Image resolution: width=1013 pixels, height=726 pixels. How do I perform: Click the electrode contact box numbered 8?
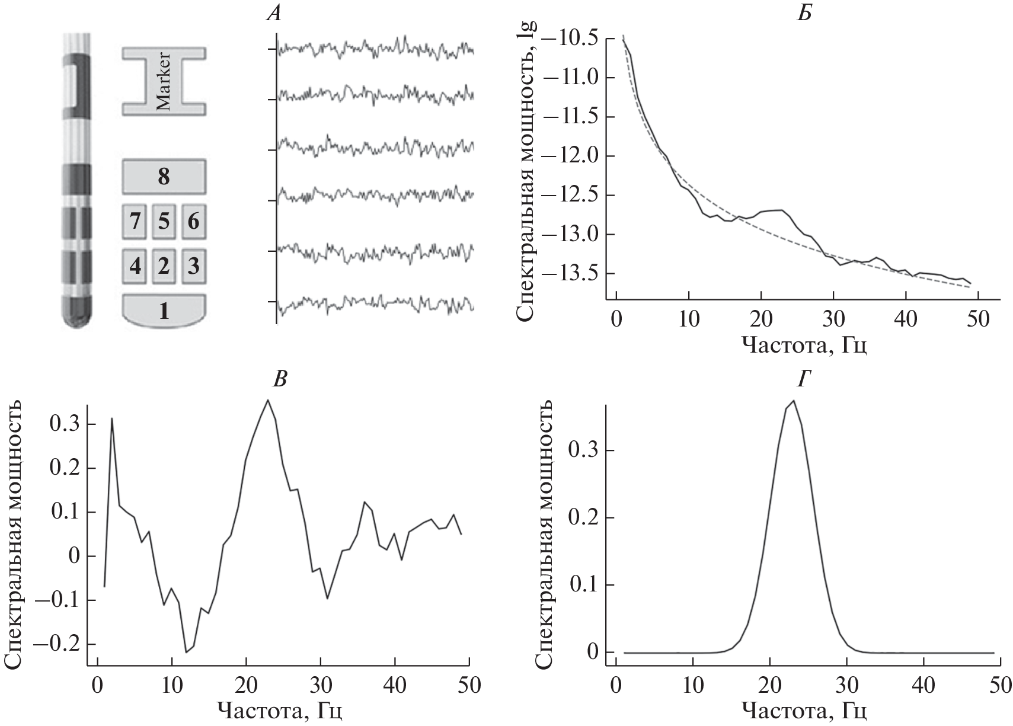pyautogui.click(x=164, y=177)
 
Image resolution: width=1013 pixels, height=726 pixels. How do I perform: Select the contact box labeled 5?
pyautogui.click(x=164, y=222)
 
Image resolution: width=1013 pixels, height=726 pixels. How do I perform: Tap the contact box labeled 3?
pyautogui.click(x=193, y=266)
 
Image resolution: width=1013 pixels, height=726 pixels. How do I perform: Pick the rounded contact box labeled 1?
pyautogui.click(x=164, y=310)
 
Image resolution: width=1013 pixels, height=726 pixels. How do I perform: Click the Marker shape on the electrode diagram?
pyautogui.click(x=164, y=81)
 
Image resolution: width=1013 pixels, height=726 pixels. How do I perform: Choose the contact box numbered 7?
pyautogui.click(x=135, y=222)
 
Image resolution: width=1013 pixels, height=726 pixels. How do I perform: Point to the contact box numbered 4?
pyautogui.click(x=135, y=266)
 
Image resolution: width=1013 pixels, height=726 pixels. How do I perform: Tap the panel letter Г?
pyautogui.click(x=804, y=380)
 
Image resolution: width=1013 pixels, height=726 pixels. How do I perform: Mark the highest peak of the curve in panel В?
pyautogui.click(x=268, y=400)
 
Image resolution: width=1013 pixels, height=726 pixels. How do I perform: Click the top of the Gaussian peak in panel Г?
pyautogui.click(x=793, y=401)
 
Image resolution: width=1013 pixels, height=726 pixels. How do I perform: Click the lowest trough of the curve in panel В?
pyautogui.click(x=186, y=652)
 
